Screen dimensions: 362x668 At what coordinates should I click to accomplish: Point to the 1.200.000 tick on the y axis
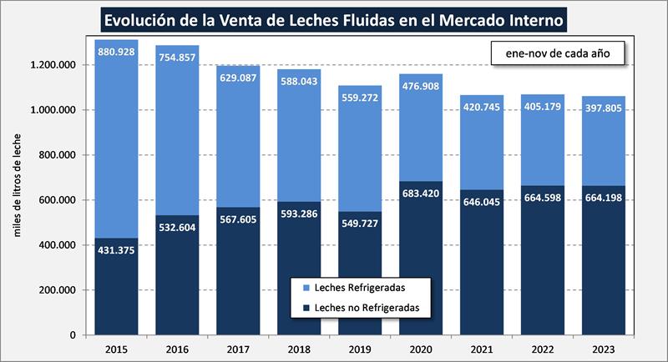click(x=53, y=65)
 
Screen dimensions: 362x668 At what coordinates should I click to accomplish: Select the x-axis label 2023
click(x=604, y=348)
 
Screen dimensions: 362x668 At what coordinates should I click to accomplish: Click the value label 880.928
click(x=117, y=52)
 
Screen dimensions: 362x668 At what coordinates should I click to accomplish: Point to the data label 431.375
click(x=117, y=249)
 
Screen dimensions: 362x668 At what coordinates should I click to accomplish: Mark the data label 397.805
click(x=604, y=108)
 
